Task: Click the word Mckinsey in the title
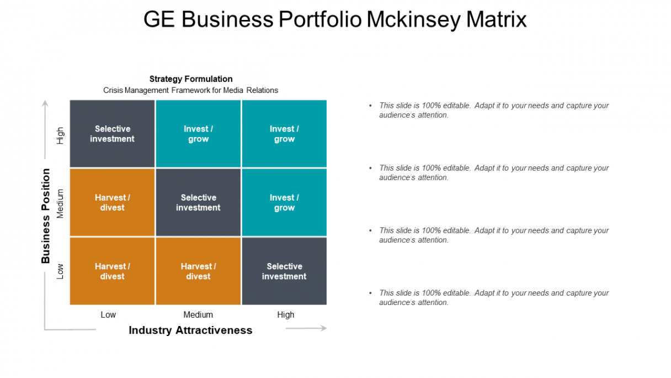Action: coord(414,20)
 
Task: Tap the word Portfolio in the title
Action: coord(320,19)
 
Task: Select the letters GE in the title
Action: coord(159,19)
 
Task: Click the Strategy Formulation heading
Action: coord(191,79)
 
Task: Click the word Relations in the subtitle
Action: coord(262,90)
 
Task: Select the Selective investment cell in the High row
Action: coord(113,134)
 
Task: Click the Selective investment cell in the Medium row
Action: coord(198,202)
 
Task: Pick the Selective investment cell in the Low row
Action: coord(284,271)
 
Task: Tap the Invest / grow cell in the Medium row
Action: coord(284,202)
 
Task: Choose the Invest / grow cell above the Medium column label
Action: coord(198,134)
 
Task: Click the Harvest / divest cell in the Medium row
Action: coord(113,202)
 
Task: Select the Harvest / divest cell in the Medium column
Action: coord(198,271)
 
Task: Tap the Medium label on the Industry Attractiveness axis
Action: coord(198,314)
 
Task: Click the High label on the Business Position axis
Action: coord(60,135)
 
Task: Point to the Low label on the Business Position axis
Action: coord(60,271)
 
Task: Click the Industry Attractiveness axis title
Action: coord(190,330)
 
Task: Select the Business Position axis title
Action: coord(46,216)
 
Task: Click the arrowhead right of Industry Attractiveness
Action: coord(323,328)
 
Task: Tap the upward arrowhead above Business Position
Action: coord(45,103)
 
